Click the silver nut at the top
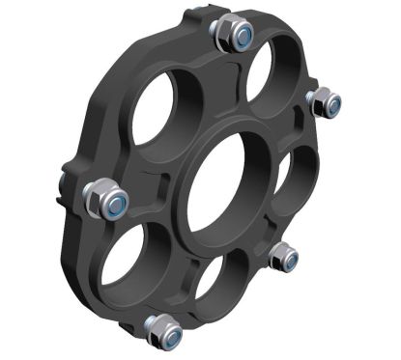tap(233, 36)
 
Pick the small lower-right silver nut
tap(283, 256)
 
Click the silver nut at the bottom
tap(164, 331)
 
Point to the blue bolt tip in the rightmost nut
tap(330, 103)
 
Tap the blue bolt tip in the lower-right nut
tap(288, 258)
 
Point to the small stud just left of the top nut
tap(198, 14)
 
